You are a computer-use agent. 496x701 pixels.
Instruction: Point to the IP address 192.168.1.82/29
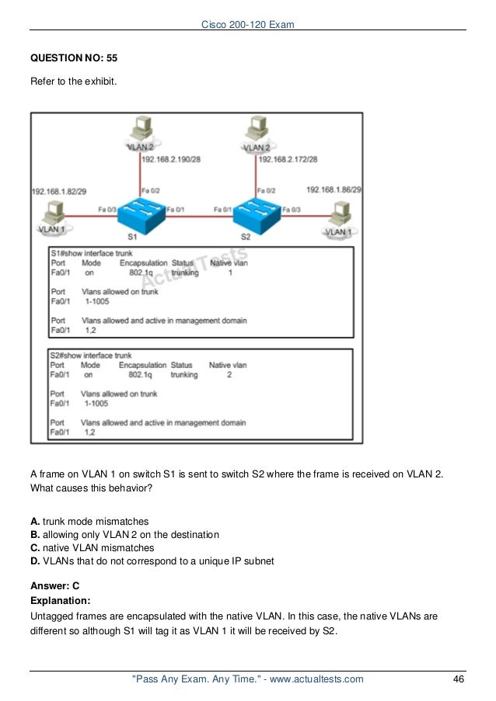[60, 190]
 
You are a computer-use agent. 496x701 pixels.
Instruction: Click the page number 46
[458, 679]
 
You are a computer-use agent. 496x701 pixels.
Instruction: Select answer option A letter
[35, 521]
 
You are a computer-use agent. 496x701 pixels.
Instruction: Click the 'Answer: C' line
[54, 587]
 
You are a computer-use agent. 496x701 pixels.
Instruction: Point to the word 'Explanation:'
[61, 600]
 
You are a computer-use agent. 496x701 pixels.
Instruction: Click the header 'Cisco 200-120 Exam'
[247, 26]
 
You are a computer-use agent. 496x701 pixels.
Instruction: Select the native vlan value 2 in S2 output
[229, 374]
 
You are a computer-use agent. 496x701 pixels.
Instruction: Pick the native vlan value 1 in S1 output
[230, 273]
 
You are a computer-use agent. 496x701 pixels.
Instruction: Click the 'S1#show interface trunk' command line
[91, 253]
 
